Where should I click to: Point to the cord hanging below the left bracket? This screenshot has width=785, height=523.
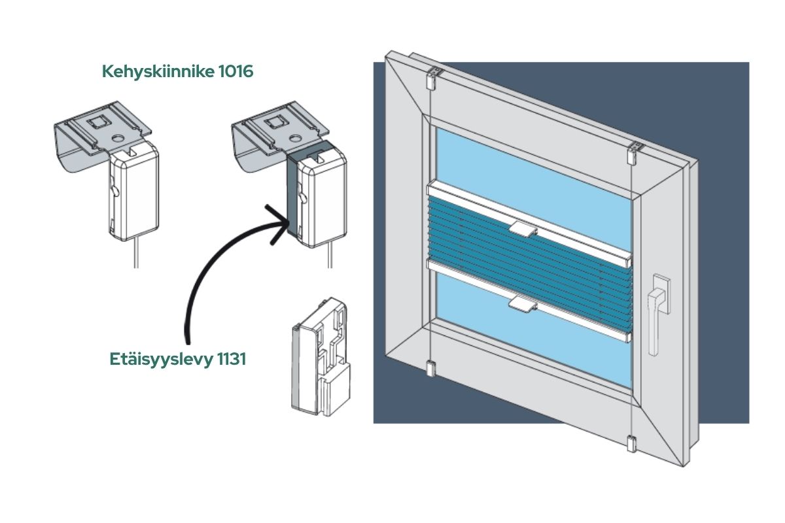(136, 252)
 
